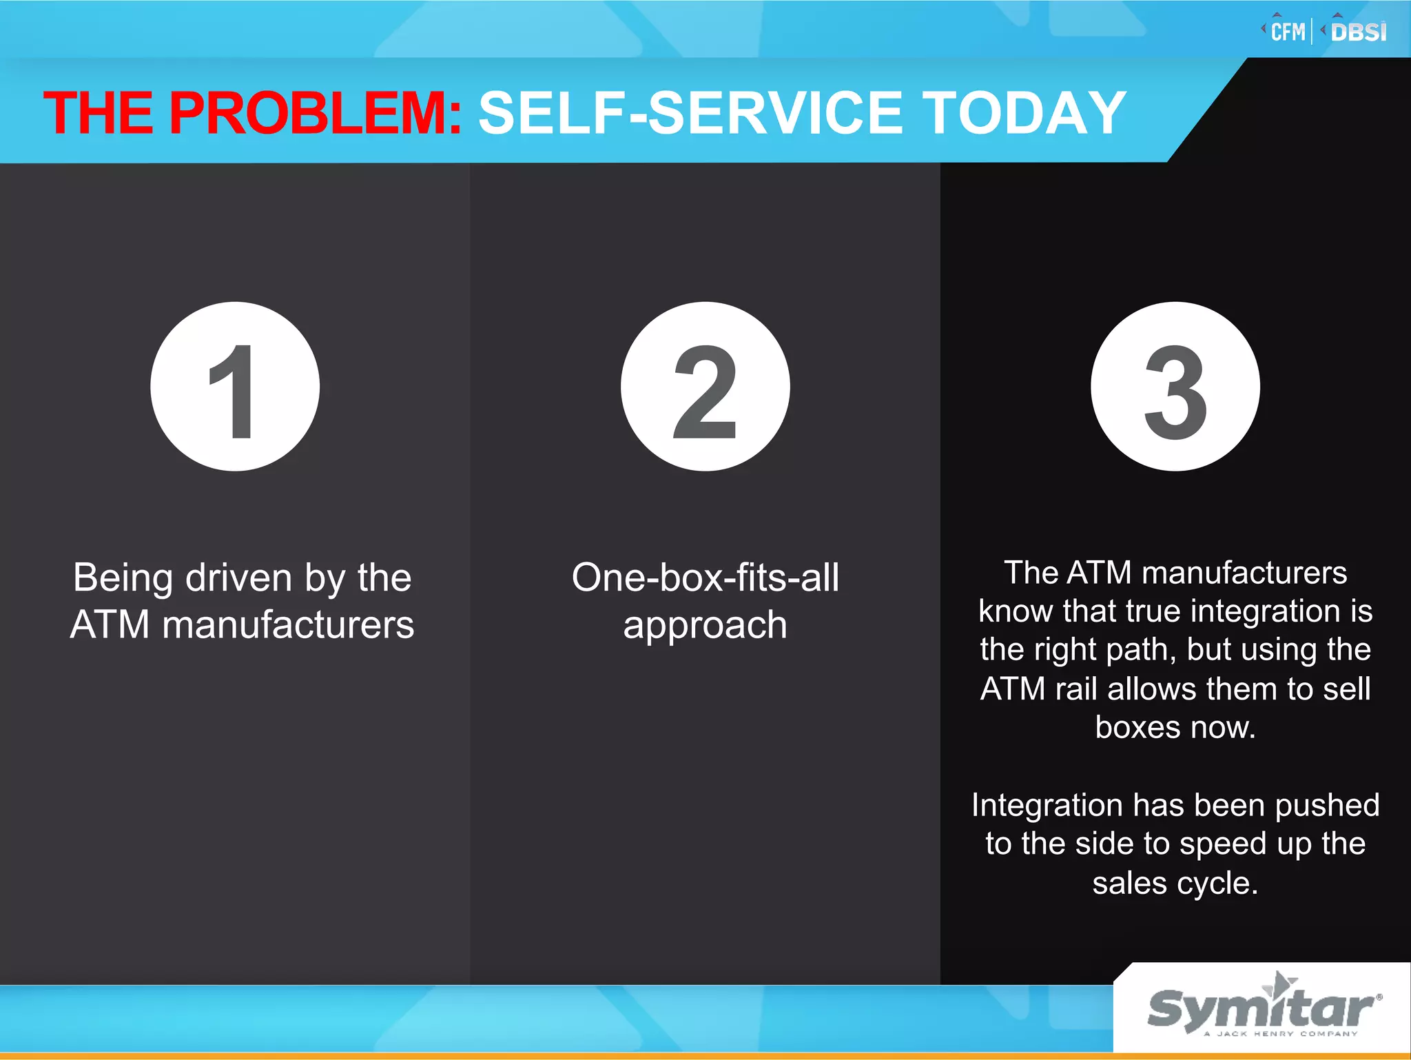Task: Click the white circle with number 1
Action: click(235, 387)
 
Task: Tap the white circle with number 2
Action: click(705, 387)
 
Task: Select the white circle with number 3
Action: click(1175, 387)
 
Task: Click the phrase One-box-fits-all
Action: click(705, 578)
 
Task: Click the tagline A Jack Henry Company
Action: click(1280, 1034)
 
